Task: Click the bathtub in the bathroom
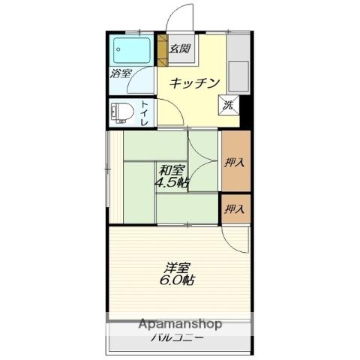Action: pos(132,50)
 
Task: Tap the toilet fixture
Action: pos(122,113)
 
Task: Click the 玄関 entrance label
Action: pos(180,49)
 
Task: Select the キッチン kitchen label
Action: pos(194,83)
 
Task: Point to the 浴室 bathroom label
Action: pos(121,73)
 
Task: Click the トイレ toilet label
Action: pos(145,113)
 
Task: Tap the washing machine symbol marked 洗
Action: pos(229,106)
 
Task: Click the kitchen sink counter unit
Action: pos(238,64)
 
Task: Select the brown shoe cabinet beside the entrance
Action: pos(162,50)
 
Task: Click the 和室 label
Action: pos(172,170)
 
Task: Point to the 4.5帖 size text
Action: pos(172,183)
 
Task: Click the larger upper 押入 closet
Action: pos(236,161)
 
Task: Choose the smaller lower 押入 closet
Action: pos(236,208)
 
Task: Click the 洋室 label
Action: pos(177,268)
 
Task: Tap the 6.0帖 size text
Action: pos(177,280)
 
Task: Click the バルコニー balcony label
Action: pos(177,338)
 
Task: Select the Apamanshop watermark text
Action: pos(180,324)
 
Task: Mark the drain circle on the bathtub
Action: pos(118,49)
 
